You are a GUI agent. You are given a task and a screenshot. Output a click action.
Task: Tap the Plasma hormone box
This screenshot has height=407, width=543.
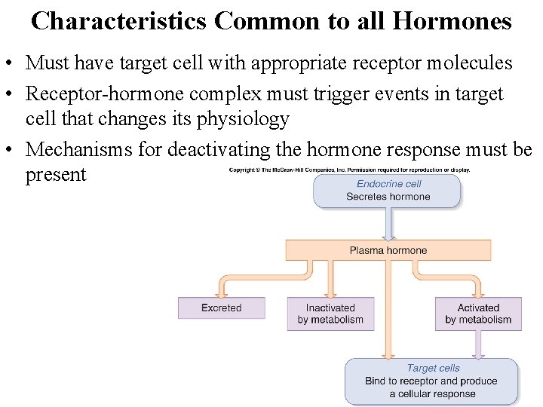[388, 250]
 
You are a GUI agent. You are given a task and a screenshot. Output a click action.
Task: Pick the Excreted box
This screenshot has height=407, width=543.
[221, 308]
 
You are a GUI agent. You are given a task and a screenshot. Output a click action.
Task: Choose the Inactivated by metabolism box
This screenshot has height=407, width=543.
[330, 314]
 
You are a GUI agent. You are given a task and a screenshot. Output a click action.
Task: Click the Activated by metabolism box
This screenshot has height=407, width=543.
[478, 314]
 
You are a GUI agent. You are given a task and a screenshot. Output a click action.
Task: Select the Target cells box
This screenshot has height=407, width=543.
[431, 381]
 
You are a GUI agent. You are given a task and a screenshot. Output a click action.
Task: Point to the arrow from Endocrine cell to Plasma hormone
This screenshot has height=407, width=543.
[388, 225]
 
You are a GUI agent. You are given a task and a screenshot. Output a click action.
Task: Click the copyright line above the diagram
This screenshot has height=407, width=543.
[350, 170]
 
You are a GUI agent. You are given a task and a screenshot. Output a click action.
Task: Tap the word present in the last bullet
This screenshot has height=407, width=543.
[56, 175]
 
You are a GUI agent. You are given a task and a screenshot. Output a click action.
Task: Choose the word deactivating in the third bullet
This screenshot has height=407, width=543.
[218, 150]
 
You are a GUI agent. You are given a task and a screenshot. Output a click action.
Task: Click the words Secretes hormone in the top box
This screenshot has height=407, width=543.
[388, 197]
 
